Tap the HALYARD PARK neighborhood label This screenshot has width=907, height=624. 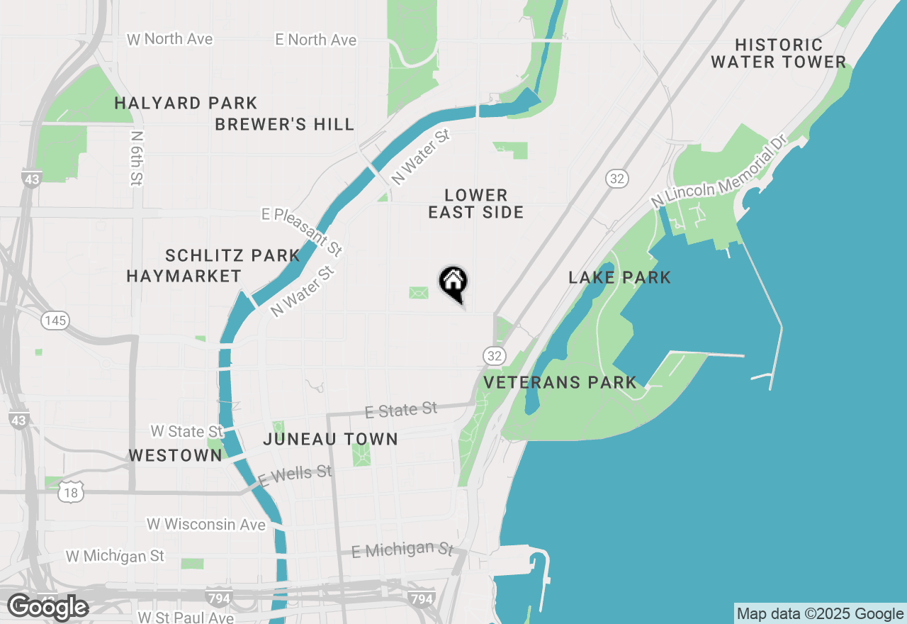[186, 104]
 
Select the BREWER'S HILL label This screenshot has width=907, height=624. [284, 125]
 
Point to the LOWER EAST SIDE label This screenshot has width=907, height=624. [476, 204]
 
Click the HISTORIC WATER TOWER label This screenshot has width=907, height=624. [778, 54]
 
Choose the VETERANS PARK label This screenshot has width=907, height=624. [560, 383]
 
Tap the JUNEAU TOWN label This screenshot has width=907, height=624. [330, 439]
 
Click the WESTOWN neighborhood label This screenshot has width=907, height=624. [175, 455]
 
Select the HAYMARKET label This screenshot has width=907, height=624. [184, 277]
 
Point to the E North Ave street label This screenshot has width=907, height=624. [316, 40]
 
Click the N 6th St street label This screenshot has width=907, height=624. [137, 158]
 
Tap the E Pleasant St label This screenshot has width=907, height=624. [302, 231]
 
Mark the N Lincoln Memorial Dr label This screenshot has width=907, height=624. [719, 173]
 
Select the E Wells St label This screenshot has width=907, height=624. [295, 475]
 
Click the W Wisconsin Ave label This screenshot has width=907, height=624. [206, 525]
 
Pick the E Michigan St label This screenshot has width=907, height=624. [402, 550]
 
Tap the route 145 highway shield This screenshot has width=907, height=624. [55, 321]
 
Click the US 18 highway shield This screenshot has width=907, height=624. [72, 490]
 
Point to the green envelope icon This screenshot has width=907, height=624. [419, 292]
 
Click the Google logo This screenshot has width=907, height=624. [47, 607]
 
